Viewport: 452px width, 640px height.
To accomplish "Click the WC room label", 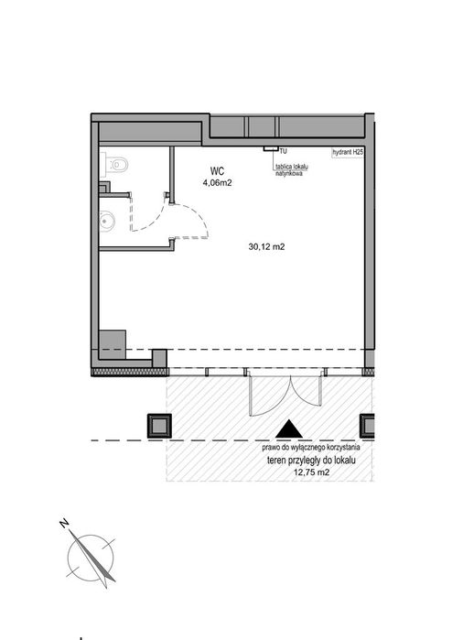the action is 217,171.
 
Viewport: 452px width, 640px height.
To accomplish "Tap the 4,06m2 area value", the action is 217,183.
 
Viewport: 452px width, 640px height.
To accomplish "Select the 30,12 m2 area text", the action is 266,246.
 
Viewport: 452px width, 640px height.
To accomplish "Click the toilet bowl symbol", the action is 115,165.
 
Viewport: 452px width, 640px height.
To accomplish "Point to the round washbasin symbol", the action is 108,222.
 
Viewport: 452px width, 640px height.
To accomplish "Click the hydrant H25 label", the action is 348,152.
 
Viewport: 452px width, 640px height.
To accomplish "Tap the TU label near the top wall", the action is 283,151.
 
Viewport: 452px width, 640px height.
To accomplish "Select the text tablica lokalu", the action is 291,167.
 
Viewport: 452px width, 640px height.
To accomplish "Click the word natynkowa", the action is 289,173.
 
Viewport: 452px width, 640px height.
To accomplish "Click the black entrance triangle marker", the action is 289,429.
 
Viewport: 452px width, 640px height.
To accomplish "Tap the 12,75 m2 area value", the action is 311,472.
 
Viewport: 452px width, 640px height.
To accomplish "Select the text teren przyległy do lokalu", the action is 311,461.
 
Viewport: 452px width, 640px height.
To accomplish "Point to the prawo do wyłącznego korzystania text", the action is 311,448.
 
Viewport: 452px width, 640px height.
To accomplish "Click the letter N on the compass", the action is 64,523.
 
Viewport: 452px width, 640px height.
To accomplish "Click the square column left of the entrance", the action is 159,426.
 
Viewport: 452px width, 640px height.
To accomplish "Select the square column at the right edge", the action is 367,426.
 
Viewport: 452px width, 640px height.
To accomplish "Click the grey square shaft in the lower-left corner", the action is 113,344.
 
